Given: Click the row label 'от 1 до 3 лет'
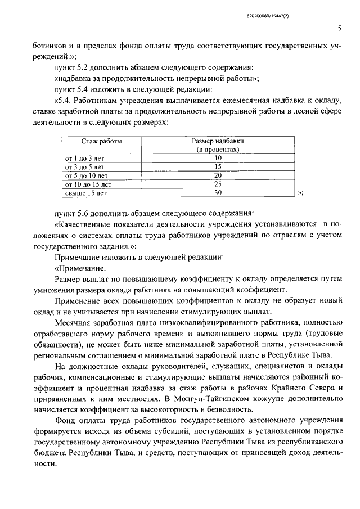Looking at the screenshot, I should click(x=84, y=159).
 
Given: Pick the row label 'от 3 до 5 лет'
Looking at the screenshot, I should click(x=84, y=167).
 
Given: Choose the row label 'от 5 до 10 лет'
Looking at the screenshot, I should click(x=86, y=175).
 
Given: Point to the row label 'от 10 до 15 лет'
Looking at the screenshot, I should click(x=88, y=184).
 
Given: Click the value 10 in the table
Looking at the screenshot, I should click(x=218, y=159).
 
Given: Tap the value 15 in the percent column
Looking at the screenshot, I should click(x=218, y=167).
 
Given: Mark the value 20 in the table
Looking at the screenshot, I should click(x=218, y=175).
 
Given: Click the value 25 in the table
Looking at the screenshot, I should click(x=218, y=184).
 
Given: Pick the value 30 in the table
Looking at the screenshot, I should click(x=218, y=192).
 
